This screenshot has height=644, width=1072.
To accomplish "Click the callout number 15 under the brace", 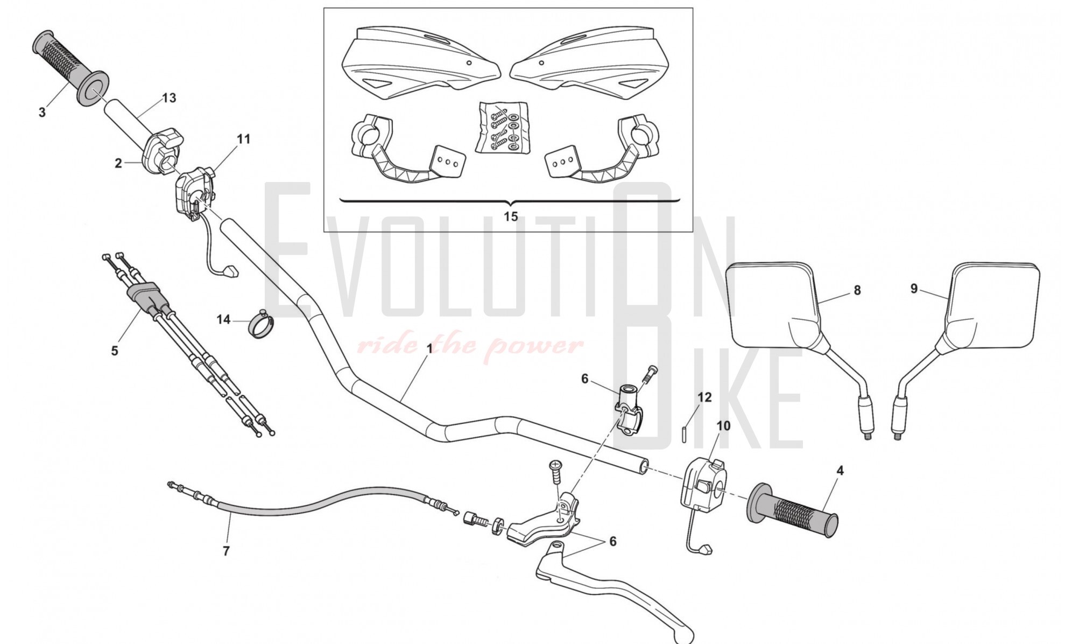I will [510, 216].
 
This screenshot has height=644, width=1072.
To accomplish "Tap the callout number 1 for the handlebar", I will [429, 349].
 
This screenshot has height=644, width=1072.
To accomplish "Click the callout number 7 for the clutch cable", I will [226, 551].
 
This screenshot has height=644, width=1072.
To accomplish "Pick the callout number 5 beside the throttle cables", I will [114, 351].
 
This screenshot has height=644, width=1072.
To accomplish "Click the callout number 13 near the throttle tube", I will [169, 98].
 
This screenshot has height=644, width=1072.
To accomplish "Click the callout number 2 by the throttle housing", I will [118, 163].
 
